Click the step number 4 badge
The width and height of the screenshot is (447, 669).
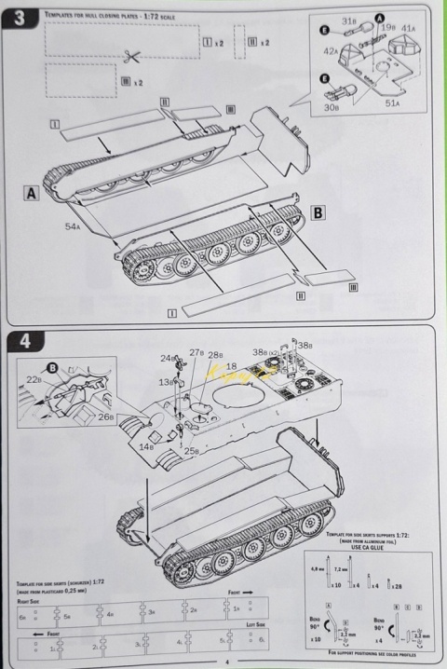pyautogui.click(x=24, y=342)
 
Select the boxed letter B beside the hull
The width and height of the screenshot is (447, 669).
pyautogui.click(x=318, y=212)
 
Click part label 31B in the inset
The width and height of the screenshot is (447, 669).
pyautogui.click(x=349, y=20)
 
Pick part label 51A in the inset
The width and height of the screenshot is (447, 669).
pyautogui.click(x=394, y=104)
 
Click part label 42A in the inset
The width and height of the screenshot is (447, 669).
pyautogui.click(x=331, y=52)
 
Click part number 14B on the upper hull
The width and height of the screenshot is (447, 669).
pyautogui.click(x=147, y=447)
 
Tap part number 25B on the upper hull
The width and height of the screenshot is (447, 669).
pyautogui.click(x=190, y=451)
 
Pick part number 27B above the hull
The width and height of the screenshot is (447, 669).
pyautogui.click(x=196, y=353)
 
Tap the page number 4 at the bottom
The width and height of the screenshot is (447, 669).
pyautogui.click(x=224, y=662)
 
